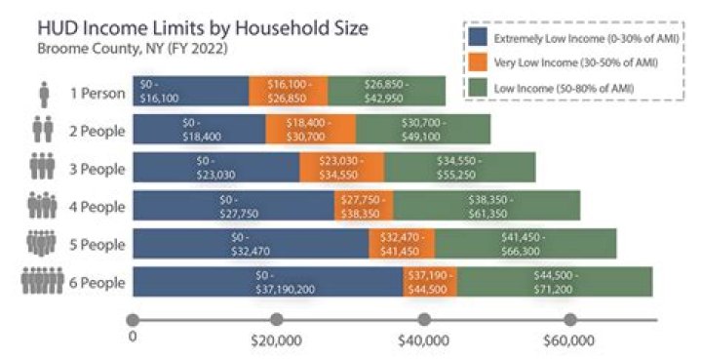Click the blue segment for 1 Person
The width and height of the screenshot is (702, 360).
190,91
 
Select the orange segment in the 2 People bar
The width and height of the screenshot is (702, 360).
310,129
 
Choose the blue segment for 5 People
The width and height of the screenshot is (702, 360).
250,243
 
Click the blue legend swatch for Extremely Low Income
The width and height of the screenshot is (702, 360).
478,37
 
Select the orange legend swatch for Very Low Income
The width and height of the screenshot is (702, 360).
478,62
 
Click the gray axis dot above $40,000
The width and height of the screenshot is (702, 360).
423,319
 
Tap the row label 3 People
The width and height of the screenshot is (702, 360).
97,168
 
